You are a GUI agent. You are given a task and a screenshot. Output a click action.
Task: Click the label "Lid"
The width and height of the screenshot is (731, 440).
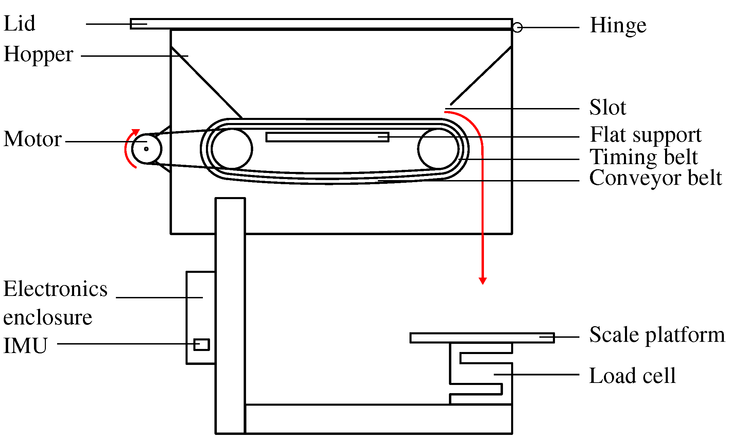click(19, 24)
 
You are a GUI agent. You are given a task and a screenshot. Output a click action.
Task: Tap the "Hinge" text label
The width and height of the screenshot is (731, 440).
click(618, 25)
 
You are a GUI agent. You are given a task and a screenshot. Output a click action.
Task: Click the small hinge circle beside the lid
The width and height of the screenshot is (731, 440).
click(517, 27)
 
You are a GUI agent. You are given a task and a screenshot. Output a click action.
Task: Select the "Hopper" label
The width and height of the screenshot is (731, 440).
click(38, 54)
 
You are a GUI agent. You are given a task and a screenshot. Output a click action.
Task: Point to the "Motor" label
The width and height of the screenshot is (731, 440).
click(33, 139)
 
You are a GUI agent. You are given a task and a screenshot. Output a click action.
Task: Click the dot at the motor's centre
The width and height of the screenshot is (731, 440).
click(146, 149)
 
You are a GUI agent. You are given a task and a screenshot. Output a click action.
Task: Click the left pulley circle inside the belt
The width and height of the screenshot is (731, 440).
click(232, 148)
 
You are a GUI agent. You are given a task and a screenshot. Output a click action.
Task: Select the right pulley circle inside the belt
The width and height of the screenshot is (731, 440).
click(438, 148)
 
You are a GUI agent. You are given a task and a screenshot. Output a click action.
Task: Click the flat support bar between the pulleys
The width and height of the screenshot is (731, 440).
click(327, 137)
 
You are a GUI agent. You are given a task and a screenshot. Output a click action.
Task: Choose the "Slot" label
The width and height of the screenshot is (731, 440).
click(607, 108)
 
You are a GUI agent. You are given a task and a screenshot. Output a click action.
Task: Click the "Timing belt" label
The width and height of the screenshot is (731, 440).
click(643, 157)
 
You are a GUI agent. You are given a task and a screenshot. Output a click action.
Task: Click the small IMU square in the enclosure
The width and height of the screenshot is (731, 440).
click(202, 345)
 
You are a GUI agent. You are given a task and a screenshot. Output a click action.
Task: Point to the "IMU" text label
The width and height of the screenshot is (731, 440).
click(25, 346)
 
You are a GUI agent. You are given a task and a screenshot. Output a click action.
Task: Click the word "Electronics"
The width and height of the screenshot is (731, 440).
click(55, 289)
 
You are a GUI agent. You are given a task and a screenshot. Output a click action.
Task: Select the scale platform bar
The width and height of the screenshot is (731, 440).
click(482, 338)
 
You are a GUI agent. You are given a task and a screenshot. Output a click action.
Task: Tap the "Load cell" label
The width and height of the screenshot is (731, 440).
click(632, 376)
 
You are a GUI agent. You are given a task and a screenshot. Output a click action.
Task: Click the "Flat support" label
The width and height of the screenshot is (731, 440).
click(646, 135)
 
